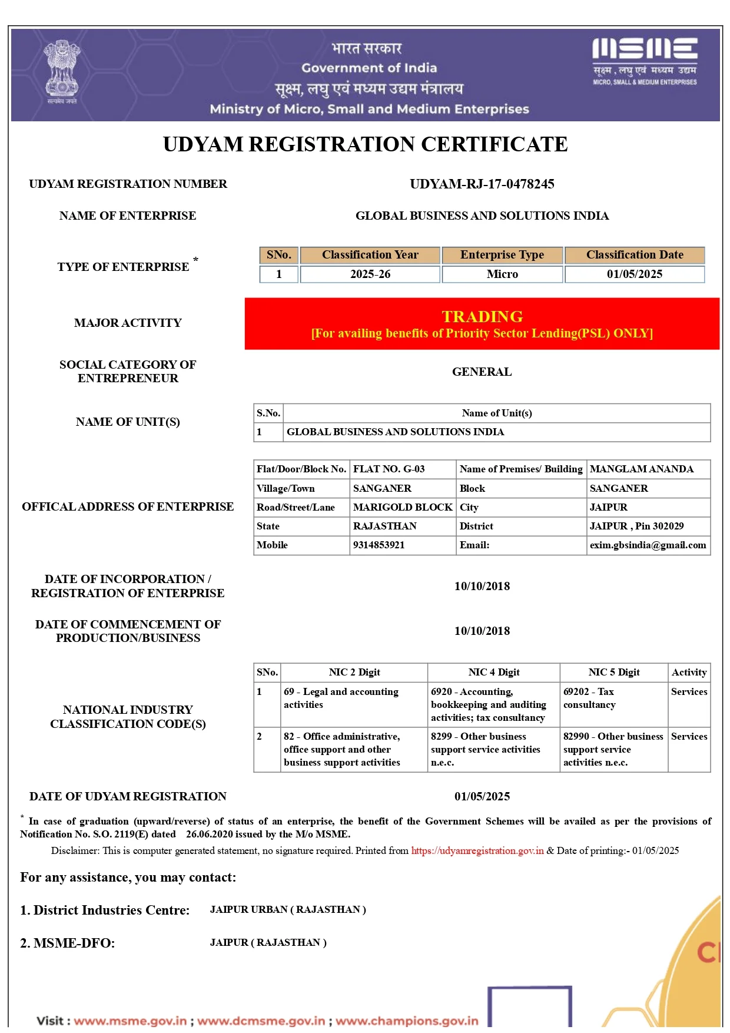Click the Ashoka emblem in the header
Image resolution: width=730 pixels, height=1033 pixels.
(62, 72)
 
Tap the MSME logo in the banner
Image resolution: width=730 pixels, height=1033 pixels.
(645, 61)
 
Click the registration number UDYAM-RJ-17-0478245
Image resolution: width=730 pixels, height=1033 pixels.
(482, 184)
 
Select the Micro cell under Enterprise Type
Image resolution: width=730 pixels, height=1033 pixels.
(502, 274)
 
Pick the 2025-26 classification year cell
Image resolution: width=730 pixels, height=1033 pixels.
(370, 274)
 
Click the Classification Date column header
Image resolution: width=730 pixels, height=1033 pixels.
(635, 255)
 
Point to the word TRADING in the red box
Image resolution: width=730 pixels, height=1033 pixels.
(482, 317)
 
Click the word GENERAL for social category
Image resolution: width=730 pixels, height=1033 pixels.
(482, 372)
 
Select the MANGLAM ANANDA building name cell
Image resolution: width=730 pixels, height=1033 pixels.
(642, 469)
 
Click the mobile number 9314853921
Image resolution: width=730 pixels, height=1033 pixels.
(379, 545)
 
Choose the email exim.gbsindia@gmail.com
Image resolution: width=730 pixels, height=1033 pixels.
(648, 545)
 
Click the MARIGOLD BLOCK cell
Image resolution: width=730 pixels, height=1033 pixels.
(403, 508)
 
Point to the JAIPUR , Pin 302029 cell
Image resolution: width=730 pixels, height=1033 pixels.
(636, 527)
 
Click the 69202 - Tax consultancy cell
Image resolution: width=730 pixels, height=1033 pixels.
(589, 698)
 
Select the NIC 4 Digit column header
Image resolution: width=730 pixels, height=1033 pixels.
(493, 673)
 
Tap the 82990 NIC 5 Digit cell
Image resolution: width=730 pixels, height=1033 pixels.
(613, 749)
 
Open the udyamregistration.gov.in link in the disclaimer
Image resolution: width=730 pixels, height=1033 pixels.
(477, 851)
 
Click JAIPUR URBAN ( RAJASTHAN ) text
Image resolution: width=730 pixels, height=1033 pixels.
(288, 910)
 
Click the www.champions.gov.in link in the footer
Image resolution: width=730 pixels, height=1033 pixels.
(407, 1021)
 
